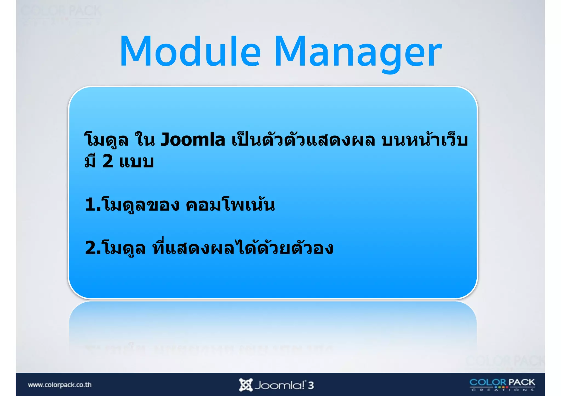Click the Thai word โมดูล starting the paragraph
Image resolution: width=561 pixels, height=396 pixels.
click(106, 140)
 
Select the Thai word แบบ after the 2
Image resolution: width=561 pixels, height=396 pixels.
click(136, 161)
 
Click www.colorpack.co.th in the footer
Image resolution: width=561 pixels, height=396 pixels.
click(60, 385)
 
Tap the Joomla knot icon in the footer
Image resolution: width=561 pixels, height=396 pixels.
click(245, 385)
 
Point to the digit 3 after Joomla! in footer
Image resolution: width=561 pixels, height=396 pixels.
click(311, 385)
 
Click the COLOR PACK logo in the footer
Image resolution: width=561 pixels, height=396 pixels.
click(502, 385)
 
